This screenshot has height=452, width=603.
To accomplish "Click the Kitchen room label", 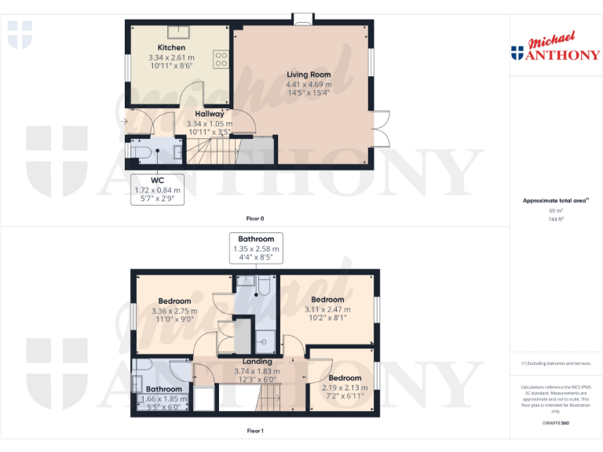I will (x=171, y=48).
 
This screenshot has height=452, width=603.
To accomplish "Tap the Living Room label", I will (x=309, y=75).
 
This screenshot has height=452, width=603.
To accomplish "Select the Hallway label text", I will (x=210, y=114).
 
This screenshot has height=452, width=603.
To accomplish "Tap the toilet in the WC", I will (x=141, y=151).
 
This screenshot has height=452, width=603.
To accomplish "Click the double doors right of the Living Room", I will (x=380, y=129).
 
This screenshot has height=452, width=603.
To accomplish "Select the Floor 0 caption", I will (x=255, y=217).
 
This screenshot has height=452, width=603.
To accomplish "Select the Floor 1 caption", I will (x=255, y=431).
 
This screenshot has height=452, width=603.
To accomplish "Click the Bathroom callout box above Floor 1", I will (x=256, y=249).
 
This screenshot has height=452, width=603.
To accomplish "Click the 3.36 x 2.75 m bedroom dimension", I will (x=174, y=312).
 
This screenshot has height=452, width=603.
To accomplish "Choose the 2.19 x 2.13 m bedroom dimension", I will (x=345, y=388).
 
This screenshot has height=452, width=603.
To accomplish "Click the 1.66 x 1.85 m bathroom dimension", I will (x=164, y=399).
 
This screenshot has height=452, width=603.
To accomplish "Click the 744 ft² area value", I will (x=556, y=219).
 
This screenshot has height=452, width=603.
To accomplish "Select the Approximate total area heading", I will (x=554, y=201).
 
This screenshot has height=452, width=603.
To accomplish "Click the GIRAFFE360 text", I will (x=556, y=424).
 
